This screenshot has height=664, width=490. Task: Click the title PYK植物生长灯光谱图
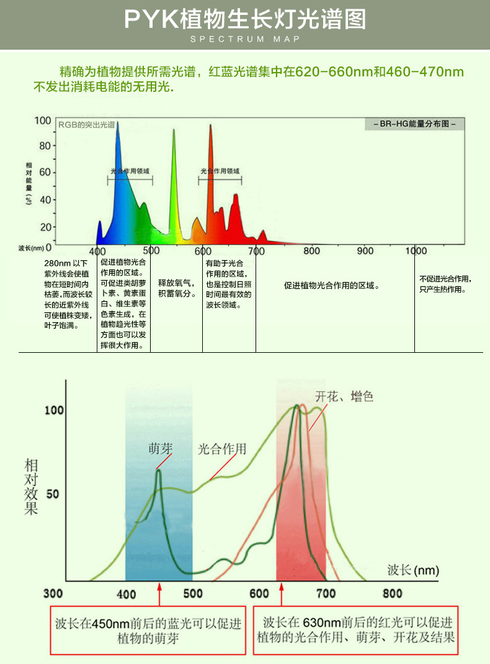(x=244, y=19)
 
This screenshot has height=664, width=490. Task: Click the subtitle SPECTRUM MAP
(x=244, y=39)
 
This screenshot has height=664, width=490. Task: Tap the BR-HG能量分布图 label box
(x=414, y=124)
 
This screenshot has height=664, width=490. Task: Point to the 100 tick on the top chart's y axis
(x=43, y=120)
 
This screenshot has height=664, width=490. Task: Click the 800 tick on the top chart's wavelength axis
(x=311, y=251)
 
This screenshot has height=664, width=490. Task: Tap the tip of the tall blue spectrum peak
(x=117, y=123)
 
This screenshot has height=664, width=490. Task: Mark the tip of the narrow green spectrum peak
(x=174, y=130)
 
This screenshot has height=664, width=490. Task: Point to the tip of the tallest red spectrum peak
(x=210, y=125)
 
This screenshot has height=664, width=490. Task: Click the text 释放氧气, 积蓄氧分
(x=176, y=288)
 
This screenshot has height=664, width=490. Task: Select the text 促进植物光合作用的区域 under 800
(x=332, y=286)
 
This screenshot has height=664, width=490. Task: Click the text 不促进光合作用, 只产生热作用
(x=445, y=284)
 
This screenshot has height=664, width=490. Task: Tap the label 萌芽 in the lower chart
(x=160, y=448)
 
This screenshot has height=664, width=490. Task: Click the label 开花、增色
(x=344, y=396)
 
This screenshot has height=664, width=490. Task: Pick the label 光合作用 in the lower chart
(x=222, y=448)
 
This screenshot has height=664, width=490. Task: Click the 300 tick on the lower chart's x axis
(x=55, y=593)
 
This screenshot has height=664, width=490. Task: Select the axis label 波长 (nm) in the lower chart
(x=412, y=570)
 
